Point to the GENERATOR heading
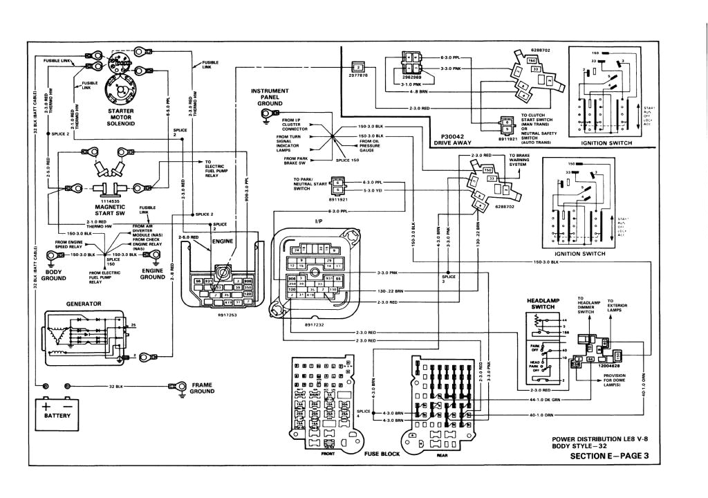[84, 303]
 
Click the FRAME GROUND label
[203, 387]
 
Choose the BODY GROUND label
[53, 275]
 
